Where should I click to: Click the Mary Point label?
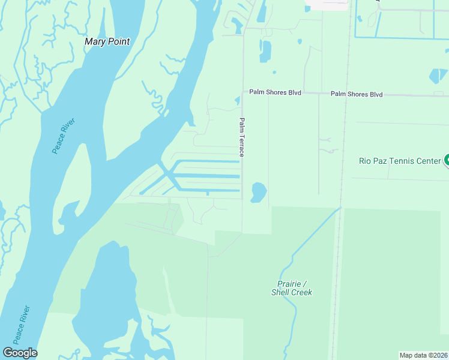point(107,41)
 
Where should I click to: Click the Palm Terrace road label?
point(242,137)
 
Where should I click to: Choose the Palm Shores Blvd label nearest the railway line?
point(357,94)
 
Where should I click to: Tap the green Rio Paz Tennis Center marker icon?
point(446,160)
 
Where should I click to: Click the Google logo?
point(20,353)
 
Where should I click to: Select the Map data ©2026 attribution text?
point(423,355)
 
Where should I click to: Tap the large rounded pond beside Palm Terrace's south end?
point(259,192)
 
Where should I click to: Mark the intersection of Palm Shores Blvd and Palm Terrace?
point(242,92)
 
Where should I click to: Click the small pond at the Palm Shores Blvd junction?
point(238,100)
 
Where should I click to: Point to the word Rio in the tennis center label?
point(366,160)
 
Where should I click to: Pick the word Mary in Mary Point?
point(95,41)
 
